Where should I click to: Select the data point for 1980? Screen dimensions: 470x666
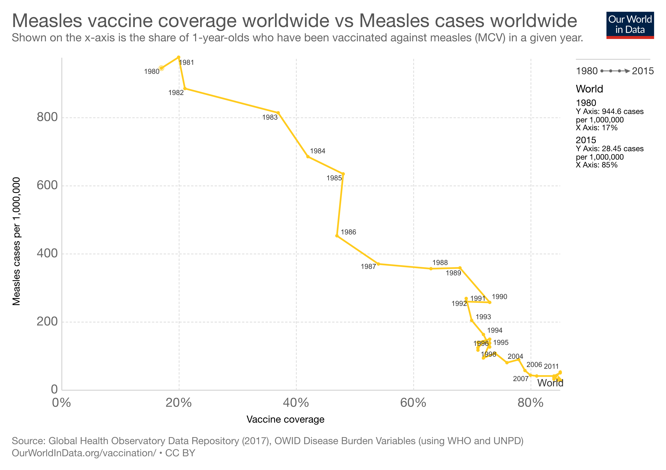tap(162, 68)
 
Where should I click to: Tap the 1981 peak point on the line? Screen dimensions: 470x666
tap(179, 57)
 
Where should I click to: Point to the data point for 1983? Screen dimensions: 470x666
tap(278, 113)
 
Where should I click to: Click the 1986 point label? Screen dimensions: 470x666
tap(348, 232)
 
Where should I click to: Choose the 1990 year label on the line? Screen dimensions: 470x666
tap(499, 297)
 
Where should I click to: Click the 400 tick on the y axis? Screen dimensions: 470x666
tap(47, 253)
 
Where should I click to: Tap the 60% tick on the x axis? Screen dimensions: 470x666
tap(413, 403)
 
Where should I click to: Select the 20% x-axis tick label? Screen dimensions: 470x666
tap(179, 403)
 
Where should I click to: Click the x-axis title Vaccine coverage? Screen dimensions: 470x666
tap(285, 419)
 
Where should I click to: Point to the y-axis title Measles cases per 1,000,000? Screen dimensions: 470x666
tap(16, 241)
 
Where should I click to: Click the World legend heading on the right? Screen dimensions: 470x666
tap(589, 89)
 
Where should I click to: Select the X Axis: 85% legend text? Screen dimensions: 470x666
tap(596, 165)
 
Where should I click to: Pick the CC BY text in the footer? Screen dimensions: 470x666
tap(180, 453)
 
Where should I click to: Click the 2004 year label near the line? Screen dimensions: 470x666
tap(515, 356)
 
